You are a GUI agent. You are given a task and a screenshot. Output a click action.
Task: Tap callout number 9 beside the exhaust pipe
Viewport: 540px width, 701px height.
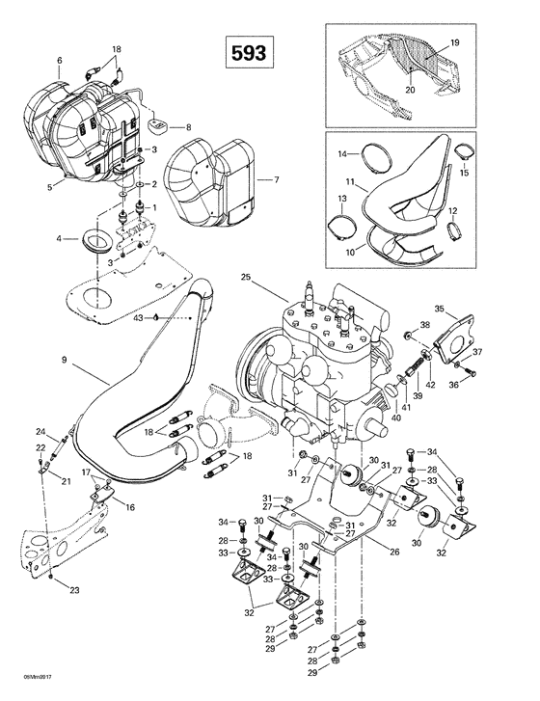pos(64,361)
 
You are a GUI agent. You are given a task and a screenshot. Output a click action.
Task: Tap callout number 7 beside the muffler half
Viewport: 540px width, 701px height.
pos(276,180)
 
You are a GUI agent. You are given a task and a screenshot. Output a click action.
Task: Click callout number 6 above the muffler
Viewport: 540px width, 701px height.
pos(59,61)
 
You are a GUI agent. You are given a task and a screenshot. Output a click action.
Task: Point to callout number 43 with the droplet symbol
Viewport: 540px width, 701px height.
pos(141,316)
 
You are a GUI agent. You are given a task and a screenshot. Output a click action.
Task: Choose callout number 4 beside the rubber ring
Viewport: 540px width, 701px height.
pos(60,238)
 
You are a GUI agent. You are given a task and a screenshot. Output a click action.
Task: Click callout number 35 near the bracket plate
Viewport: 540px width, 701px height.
pos(465,310)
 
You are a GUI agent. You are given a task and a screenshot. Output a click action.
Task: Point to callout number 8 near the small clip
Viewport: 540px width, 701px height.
pos(188,127)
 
